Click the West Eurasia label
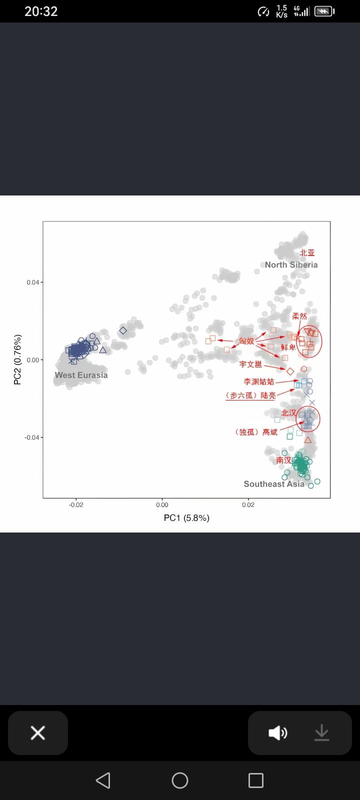(x=81, y=375)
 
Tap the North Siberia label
(x=291, y=264)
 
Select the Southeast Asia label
(x=273, y=483)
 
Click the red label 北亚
(x=307, y=253)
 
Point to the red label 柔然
(x=299, y=316)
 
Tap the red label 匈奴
(x=246, y=341)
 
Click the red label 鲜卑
(x=288, y=347)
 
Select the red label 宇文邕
(x=250, y=364)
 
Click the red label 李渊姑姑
(x=258, y=381)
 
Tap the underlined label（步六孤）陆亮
(x=250, y=395)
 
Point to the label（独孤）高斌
(x=255, y=432)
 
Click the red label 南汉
(x=283, y=460)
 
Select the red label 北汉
(x=288, y=413)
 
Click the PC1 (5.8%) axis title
(x=186, y=517)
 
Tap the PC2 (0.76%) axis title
(x=17, y=360)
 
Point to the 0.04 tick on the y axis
(x=32, y=282)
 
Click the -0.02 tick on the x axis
(x=76, y=505)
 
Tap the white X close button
(x=38, y=733)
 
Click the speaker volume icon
(x=278, y=733)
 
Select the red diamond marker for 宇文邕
(x=290, y=371)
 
